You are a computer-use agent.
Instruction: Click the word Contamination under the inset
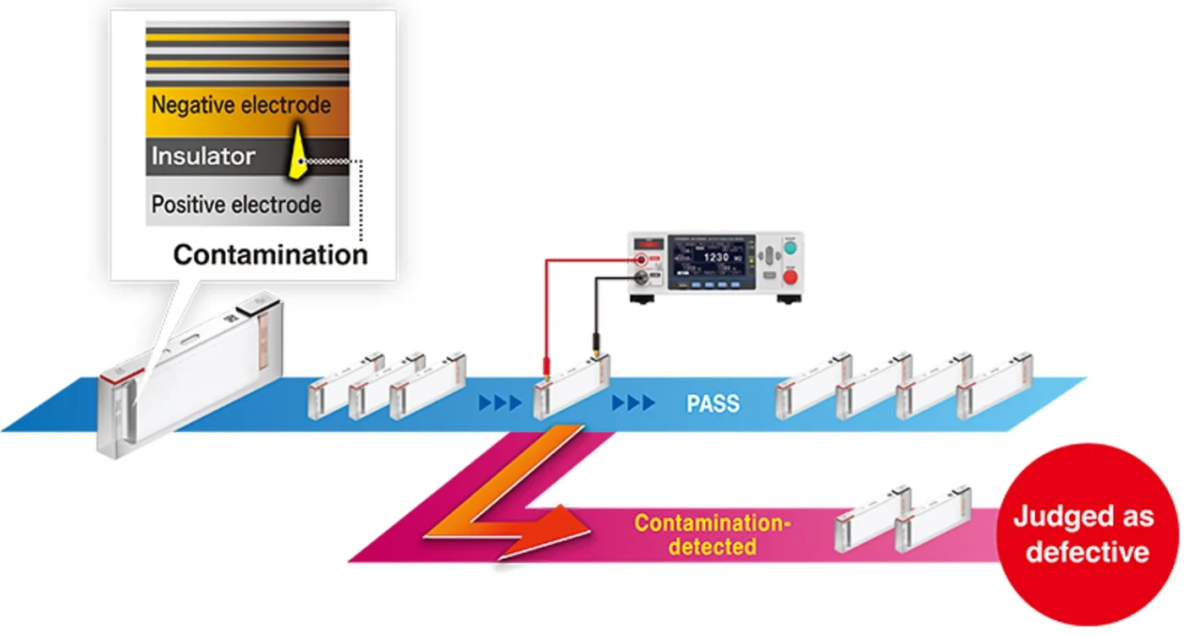click(270, 255)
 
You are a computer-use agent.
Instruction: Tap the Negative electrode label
click(240, 106)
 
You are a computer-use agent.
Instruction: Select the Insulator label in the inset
click(203, 156)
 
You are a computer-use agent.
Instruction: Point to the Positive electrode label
click(236, 205)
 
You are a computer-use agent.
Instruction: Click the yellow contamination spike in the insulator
click(297, 153)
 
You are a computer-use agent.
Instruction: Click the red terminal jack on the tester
click(644, 260)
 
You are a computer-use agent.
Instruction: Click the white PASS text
click(712, 403)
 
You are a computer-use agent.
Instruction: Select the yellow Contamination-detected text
click(713, 534)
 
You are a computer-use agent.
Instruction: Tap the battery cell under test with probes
click(571, 386)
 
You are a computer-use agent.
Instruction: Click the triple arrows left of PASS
click(633, 403)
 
